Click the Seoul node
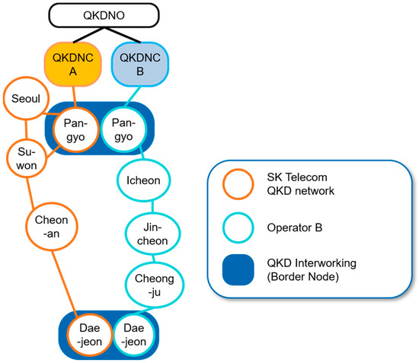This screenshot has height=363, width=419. point(27,100)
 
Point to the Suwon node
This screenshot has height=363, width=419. point(27,158)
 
